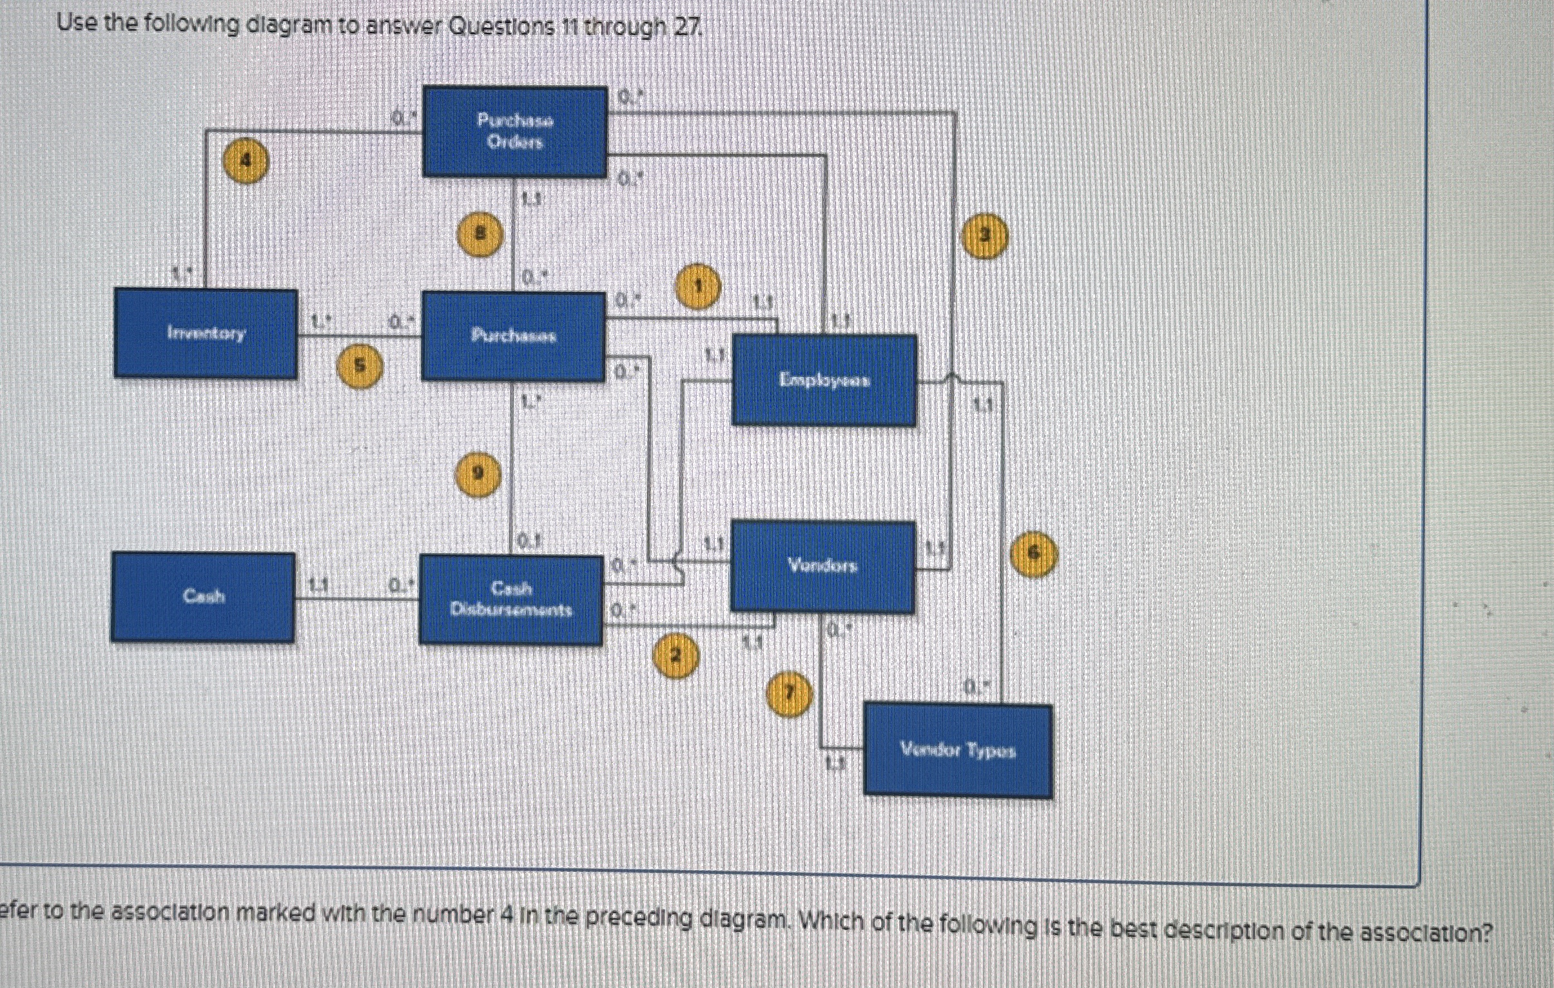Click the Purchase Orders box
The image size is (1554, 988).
point(514,131)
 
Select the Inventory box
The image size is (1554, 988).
point(205,333)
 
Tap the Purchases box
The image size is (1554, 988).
point(513,336)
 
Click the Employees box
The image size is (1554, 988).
point(824,380)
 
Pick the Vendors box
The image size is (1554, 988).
point(822,567)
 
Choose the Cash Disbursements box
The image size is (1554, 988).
point(510,599)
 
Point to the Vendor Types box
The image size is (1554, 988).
point(958,751)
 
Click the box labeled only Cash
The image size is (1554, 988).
point(202,596)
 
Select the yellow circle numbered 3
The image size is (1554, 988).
point(984,236)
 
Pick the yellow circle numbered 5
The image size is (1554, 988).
point(360,366)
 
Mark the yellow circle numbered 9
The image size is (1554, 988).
point(477,474)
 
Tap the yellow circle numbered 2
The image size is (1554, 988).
point(675,655)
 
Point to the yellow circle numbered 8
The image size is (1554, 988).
point(480,235)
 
